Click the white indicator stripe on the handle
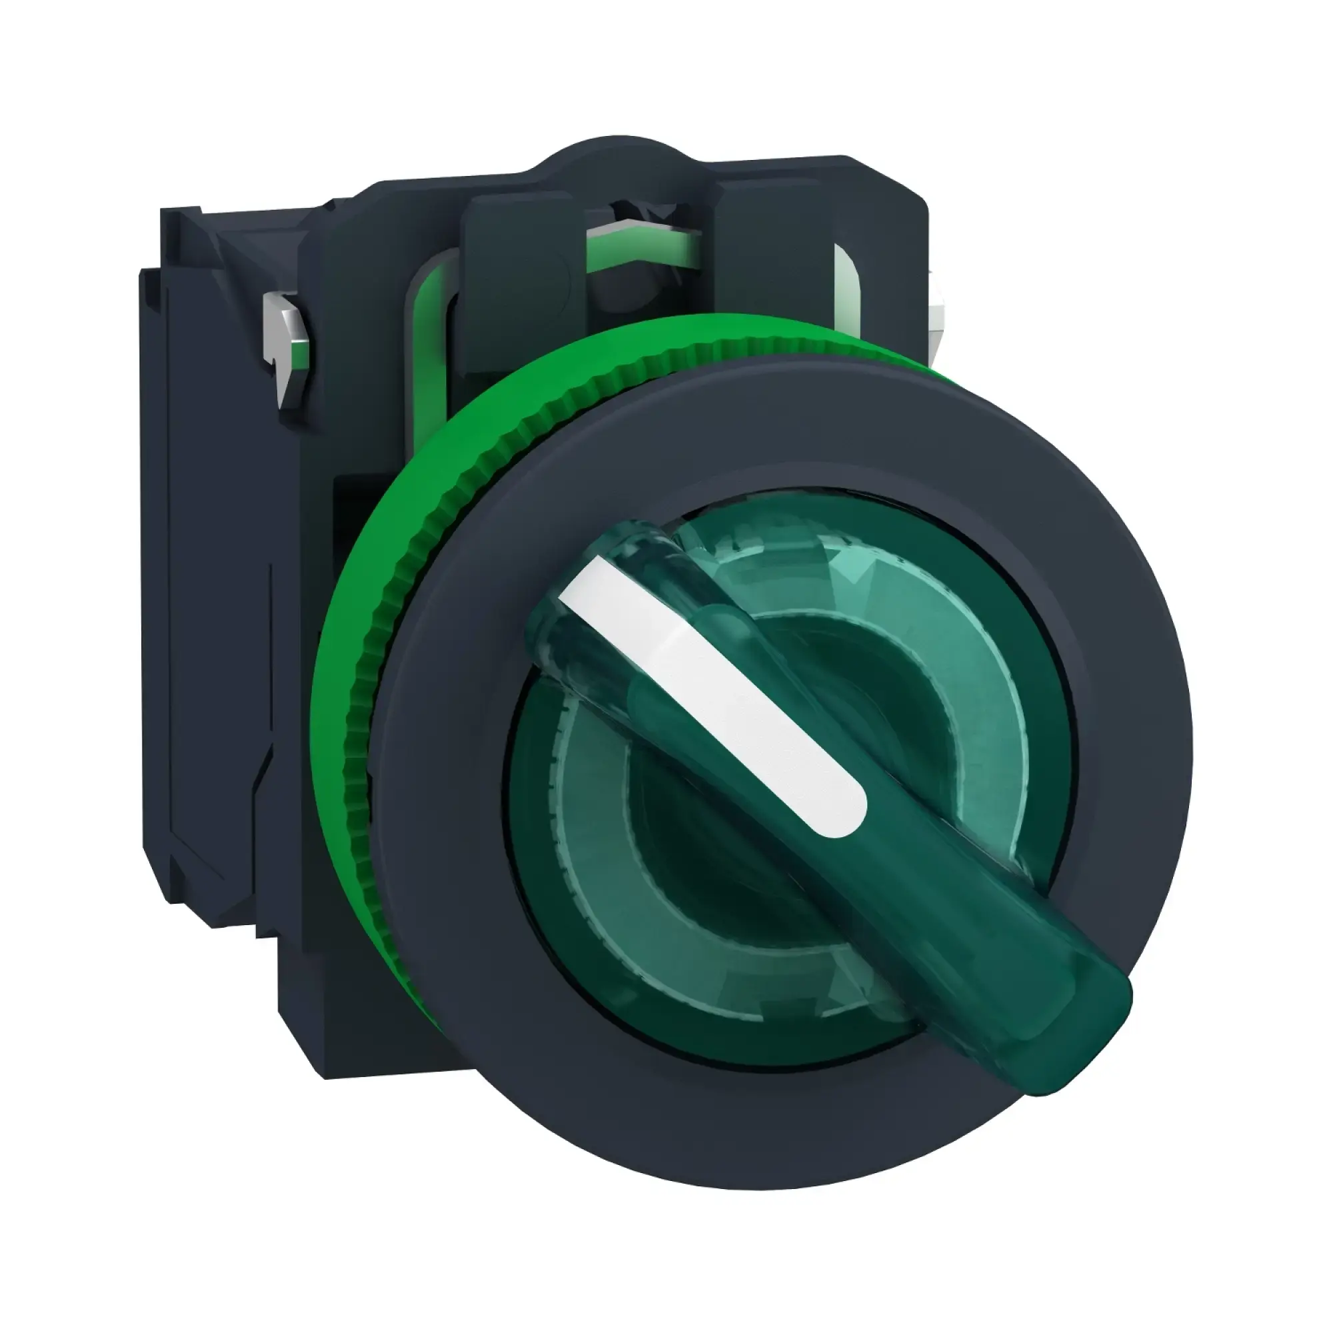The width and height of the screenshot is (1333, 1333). [x=710, y=690]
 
